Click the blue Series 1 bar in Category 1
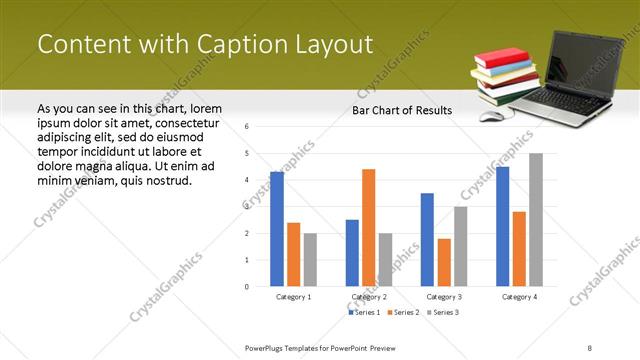[277, 229]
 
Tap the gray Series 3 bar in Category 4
[536, 219]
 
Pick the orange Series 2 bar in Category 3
[444, 262]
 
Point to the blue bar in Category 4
[502, 226]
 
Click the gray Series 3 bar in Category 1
[310, 259]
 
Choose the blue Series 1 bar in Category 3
[427, 239]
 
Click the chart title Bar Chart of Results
[401, 110]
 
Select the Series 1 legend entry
[364, 313]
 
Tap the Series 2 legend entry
[403, 313]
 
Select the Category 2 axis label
[369, 297]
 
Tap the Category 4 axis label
[519, 297]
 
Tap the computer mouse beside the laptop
[491, 115]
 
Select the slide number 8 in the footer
[590, 347]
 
